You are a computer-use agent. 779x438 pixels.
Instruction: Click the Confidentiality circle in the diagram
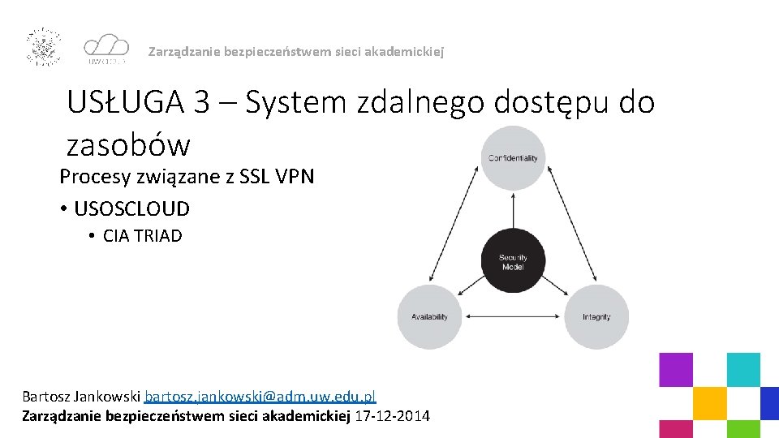point(513,158)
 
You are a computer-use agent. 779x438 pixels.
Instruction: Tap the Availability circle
point(429,317)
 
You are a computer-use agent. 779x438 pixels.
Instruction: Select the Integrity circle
point(596,317)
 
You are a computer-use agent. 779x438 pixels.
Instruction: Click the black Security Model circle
point(513,261)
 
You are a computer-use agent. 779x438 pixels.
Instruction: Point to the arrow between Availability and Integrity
point(513,317)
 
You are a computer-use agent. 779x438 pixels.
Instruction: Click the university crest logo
point(45,46)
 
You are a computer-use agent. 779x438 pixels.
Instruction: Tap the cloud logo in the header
point(106,47)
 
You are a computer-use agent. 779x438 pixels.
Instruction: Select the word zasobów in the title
point(128,146)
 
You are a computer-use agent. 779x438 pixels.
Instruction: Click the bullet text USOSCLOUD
point(131,209)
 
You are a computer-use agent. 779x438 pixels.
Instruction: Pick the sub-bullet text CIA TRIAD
point(142,236)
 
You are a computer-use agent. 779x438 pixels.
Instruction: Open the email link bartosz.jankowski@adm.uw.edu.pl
point(260,397)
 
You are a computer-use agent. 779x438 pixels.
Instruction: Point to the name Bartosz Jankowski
point(81,397)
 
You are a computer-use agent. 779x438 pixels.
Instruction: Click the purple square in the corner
point(675,369)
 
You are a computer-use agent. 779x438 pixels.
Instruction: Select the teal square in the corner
point(743,369)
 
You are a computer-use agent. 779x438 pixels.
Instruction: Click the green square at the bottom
point(743,429)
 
